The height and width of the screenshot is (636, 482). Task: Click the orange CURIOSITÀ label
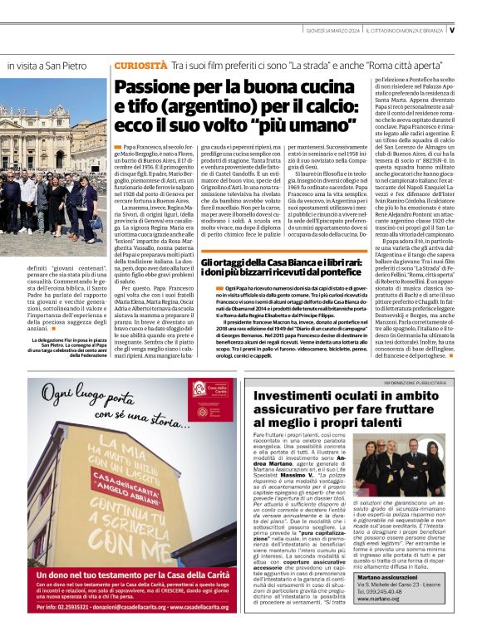140,64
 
